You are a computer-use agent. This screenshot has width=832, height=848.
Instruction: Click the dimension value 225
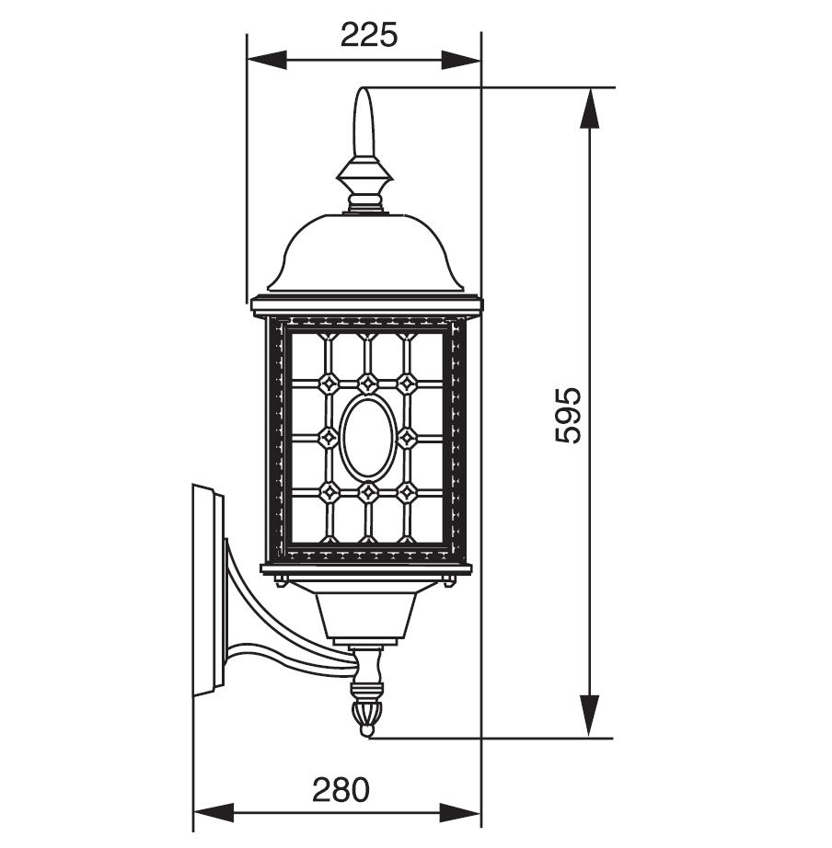coord(369,36)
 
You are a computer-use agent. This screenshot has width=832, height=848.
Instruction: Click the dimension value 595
coord(569,414)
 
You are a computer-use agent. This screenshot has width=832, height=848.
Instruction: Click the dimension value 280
coord(341,789)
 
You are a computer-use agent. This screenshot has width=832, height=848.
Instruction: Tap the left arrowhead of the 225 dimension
coord(266,60)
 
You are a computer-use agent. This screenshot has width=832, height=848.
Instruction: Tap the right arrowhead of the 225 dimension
coord(461,60)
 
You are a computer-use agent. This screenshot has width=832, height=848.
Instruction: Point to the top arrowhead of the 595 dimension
coord(590,109)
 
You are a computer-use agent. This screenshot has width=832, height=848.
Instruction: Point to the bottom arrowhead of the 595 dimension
coord(590,716)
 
